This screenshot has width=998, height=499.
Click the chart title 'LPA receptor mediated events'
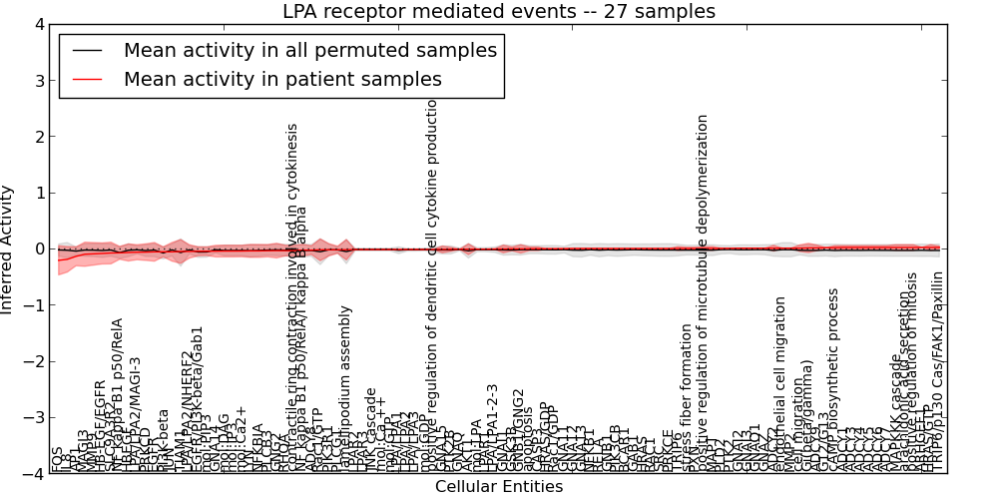click(x=498, y=12)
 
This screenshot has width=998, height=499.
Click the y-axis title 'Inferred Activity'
click(x=8, y=249)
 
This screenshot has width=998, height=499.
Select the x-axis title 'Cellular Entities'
click(x=498, y=487)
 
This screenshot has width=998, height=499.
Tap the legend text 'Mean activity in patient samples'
click(x=282, y=79)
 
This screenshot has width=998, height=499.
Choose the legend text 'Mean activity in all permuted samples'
click(x=309, y=49)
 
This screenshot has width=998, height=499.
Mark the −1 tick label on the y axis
click(x=35, y=305)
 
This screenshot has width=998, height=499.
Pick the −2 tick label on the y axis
click(x=35, y=362)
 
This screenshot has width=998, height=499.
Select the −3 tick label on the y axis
click(x=35, y=418)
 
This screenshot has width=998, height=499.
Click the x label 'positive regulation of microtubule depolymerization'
click(x=703, y=289)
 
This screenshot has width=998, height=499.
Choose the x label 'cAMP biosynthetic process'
click(x=834, y=379)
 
